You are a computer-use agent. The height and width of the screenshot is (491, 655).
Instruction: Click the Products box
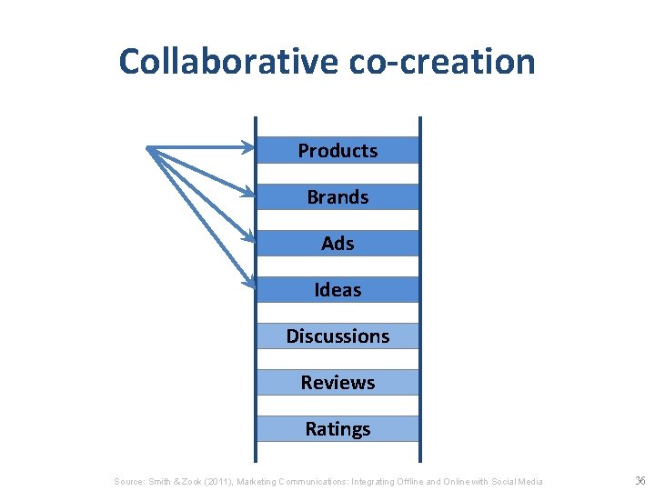(x=338, y=150)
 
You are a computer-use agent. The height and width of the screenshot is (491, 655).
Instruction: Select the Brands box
(x=338, y=196)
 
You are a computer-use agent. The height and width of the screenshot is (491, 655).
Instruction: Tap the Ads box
(x=338, y=243)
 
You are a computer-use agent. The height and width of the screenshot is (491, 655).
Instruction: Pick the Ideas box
(x=338, y=289)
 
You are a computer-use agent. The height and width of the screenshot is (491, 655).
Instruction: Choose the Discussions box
(x=338, y=336)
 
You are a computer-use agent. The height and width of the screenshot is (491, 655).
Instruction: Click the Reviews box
(x=338, y=382)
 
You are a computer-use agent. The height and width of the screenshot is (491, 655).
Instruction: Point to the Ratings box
(x=338, y=428)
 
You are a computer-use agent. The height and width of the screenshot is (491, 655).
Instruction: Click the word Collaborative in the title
(x=227, y=62)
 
